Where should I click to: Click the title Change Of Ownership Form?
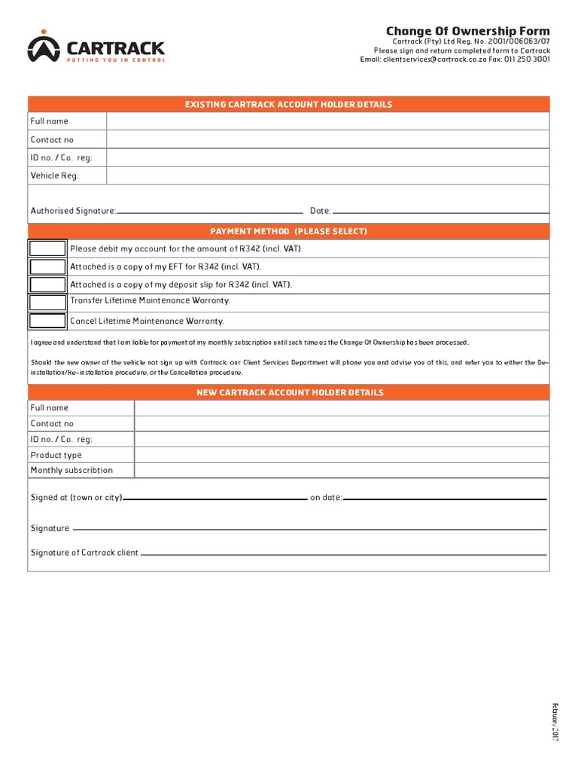pos(468,31)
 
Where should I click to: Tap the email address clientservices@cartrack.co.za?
pos(424,59)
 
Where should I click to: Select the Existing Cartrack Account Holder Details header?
pos(289,105)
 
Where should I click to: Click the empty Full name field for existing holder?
pos(328,121)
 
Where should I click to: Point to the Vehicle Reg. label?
pos(54,175)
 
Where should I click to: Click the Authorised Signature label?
pos(73,211)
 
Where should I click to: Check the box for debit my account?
pos(47,248)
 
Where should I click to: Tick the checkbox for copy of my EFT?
pos(47,267)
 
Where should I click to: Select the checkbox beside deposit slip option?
pos(47,285)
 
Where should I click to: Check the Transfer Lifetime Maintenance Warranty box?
pos(47,302)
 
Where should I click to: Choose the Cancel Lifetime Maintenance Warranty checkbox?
pos(47,321)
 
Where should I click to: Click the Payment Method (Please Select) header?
pos(289,231)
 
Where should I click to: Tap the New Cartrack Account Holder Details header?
pos(290,392)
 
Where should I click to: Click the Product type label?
pos(56,455)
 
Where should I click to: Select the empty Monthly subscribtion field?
pos(342,470)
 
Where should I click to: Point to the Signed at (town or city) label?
pos(76,498)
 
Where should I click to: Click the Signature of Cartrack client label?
pos(84,553)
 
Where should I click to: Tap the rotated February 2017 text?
pos(555,723)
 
